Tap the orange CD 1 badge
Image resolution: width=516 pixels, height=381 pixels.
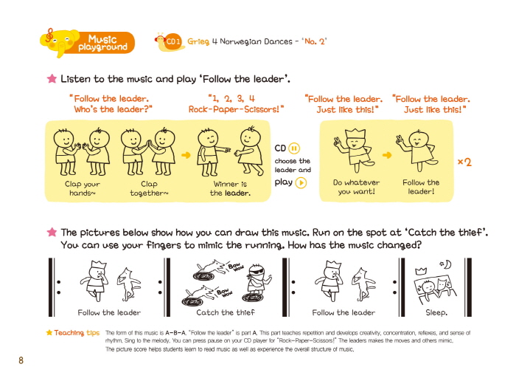[x=172, y=42]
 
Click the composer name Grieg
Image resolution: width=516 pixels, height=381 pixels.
[x=198, y=41]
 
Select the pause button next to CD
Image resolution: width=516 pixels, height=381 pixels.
[x=294, y=148]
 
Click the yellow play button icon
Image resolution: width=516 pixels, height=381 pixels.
[x=301, y=182]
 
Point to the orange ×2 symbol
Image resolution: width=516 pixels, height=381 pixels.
[x=464, y=162]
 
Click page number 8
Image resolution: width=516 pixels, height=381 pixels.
[x=21, y=360]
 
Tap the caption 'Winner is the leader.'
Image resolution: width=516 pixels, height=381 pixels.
[x=230, y=188]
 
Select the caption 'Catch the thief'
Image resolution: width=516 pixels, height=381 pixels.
[x=226, y=312]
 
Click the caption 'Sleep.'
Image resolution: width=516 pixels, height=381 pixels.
[x=436, y=312]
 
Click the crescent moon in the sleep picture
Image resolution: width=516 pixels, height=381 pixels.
[x=447, y=264]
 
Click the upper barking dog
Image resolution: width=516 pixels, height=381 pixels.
[x=211, y=268]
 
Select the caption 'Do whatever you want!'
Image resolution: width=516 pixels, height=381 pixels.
[x=356, y=187]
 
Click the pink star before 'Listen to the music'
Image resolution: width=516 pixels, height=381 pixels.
[x=52, y=78]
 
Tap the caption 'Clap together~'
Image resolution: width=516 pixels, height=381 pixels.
[x=149, y=188]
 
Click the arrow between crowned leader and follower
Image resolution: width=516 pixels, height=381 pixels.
[x=387, y=155]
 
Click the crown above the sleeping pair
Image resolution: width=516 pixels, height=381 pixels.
[x=421, y=271]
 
